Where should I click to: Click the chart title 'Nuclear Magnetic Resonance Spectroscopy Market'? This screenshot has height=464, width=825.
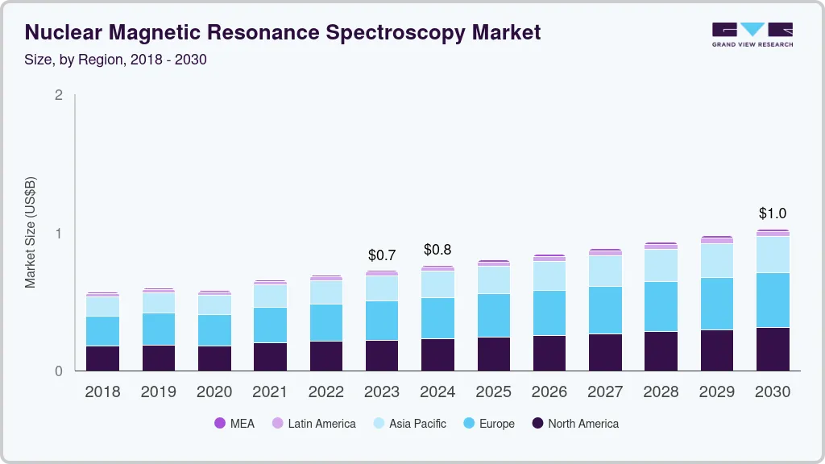(282, 32)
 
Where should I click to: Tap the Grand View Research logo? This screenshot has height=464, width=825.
(752, 34)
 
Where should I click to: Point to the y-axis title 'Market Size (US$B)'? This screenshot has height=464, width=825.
(31, 232)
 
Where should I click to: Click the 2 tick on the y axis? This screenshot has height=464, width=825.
(58, 95)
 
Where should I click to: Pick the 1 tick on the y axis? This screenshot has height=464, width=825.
(58, 234)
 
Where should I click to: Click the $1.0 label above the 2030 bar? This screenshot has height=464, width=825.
(773, 213)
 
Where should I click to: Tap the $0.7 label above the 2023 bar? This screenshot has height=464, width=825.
(382, 255)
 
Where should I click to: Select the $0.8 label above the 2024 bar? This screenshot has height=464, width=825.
(437, 250)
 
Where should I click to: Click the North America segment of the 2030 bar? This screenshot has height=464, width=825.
(773, 349)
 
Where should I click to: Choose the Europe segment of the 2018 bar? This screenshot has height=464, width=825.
(102, 331)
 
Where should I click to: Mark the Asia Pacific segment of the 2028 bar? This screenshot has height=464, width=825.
(661, 265)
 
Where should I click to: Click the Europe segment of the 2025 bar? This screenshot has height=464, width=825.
(493, 315)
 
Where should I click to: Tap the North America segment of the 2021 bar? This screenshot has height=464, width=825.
(270, 357)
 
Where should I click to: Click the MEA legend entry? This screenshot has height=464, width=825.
(234, 424)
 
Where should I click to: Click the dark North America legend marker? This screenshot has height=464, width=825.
(537, 424)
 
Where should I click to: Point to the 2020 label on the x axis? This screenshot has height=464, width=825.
(214, 392)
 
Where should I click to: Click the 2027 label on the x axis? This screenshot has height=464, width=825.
(605, 392)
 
